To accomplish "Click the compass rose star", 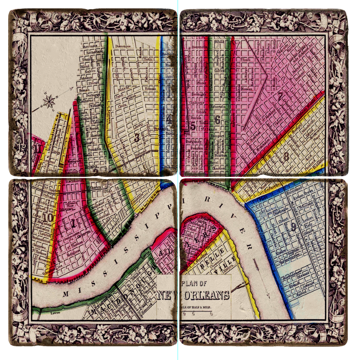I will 50,102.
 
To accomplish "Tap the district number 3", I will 137,137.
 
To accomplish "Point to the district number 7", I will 280,95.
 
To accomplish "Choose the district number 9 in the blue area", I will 293,228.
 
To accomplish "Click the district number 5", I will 193,126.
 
